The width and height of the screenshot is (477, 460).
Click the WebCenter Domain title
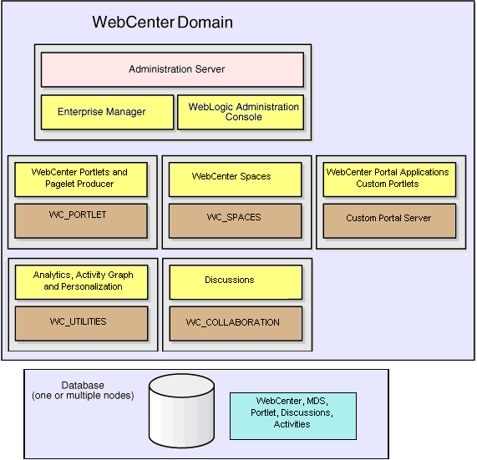click(162, 21)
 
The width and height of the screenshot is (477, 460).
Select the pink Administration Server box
click(172, 69)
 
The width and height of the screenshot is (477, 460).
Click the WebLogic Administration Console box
click(241, 112)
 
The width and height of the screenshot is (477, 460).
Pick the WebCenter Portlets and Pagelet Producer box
click(81, 179)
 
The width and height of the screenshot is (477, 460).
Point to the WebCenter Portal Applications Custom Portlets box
click(389, 179)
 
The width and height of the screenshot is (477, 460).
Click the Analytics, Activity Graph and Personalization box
click(81, 281)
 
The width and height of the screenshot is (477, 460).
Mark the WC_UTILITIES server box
click(81, 323)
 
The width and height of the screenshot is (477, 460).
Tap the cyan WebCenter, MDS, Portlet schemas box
click(292, 413)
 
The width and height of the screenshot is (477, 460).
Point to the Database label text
click(83, 385)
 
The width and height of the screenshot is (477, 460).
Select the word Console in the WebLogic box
click(243, 117)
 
